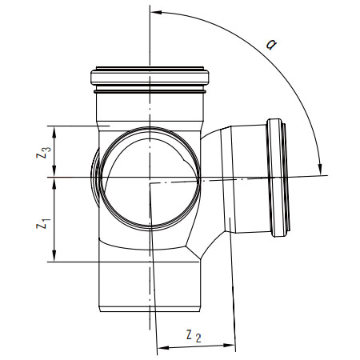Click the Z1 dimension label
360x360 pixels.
(43, 223)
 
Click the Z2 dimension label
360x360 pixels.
(194, 336)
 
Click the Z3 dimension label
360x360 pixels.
(43, 153)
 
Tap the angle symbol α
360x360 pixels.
(271, 44)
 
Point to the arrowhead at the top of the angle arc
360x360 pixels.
(157, 12)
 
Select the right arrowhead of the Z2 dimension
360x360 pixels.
(230, 345)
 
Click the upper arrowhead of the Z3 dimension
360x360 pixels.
(54, 132)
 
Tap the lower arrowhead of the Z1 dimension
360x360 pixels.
(54, 255)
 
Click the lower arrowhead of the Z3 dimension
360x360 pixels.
(54, 171)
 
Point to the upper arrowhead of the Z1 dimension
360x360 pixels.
(54, 183)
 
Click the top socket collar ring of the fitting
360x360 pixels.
(150, 78)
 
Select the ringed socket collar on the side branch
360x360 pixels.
(278, 178)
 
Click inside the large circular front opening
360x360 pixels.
(150, 178)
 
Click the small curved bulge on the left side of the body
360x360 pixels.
(95, 178)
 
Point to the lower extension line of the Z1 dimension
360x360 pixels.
(123, 262)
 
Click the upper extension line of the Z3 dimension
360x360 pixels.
(78, 126)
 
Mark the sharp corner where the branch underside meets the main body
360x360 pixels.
(200, 258)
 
